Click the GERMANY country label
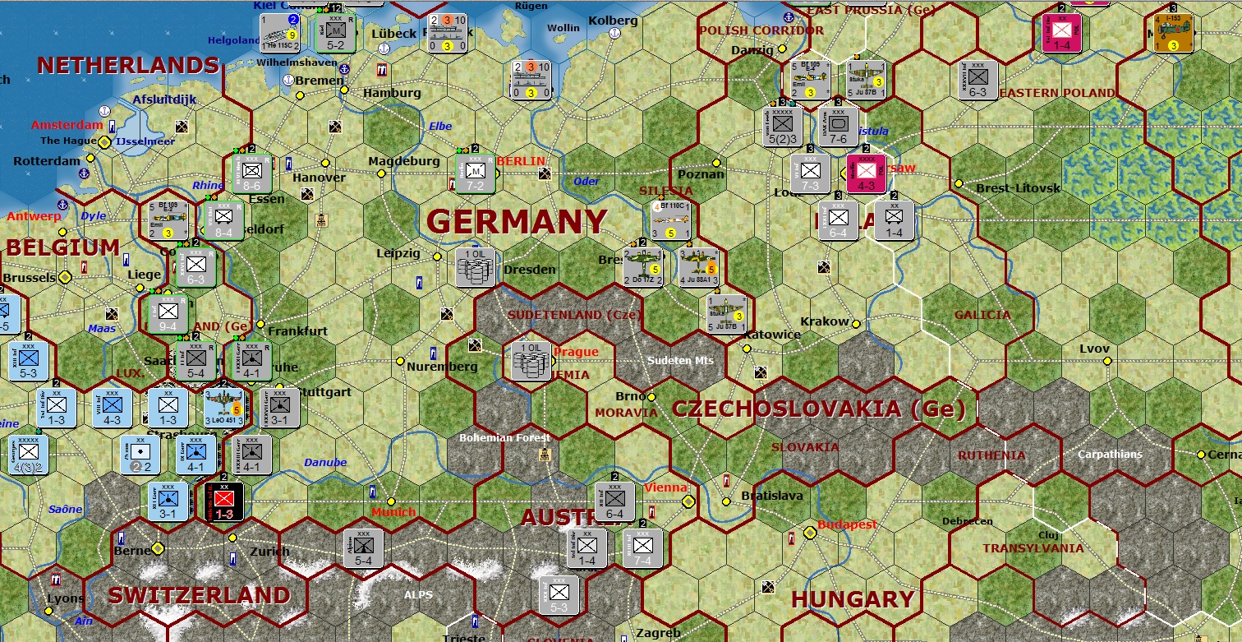(517, 222)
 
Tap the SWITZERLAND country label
(199, 595)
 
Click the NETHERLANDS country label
(128, 66)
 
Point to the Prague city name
(576, 352)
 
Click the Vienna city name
(665, 487)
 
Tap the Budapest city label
(847, 524)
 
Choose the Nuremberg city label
(442, 367)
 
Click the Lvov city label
(1094, 349)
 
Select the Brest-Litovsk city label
(1019, 188)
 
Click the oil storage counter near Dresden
(476, 267)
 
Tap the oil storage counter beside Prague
(531, 360)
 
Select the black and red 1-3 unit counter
(223, 501)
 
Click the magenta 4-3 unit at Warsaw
(867, 173)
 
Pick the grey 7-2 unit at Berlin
(476, 173)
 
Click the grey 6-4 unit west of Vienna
(614, 501)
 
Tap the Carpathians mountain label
(1111, 454)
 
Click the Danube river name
(325, 462)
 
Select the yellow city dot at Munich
(391, 501)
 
